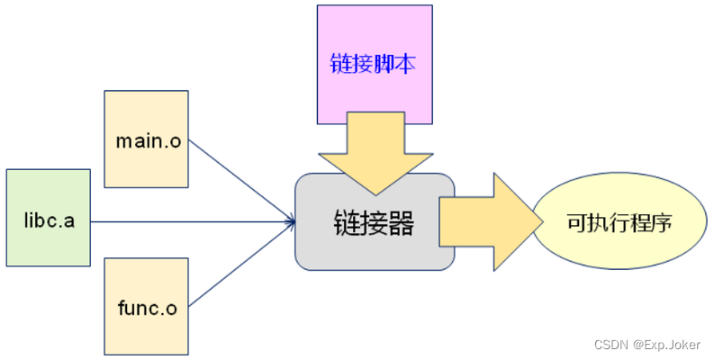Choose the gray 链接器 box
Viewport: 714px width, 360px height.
pyautogui.click(x=375, y=243)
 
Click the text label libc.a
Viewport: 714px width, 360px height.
pyautogui.click(x=48, y=220)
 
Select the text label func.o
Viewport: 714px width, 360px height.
pyautogui.click(x=146, y=309)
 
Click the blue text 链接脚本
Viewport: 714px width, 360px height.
pyautogui.click(x=375, y=66)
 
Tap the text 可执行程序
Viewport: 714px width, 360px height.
pyautogui.click(x=619, y=222)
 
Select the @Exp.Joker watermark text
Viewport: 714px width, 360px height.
pyautogui.click(x=667, y=344)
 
